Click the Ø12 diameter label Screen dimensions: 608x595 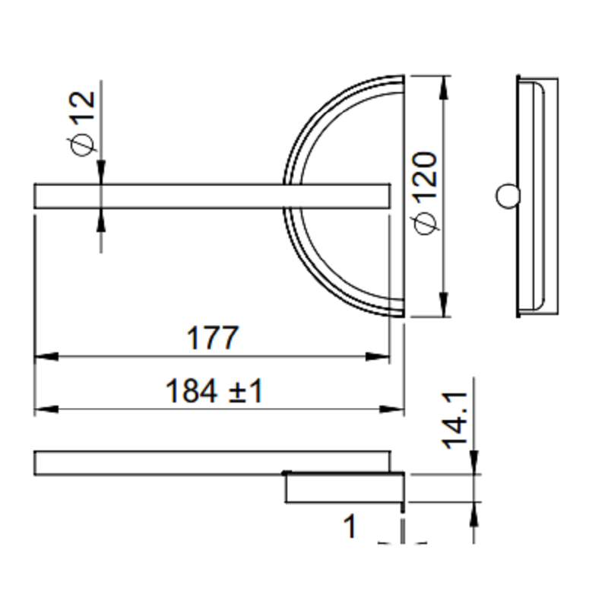point(83,123)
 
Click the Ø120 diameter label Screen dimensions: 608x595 point(425,193)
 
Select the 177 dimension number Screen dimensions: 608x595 point(212,338)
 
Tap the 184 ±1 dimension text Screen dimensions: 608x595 point(214,391)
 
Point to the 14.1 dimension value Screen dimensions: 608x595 point(455,421)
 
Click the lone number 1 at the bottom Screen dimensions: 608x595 point(350,526)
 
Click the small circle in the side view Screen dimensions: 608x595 point(507,196)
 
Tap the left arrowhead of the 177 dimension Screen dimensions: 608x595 point(46,356)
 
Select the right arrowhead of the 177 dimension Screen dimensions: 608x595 point(377,356)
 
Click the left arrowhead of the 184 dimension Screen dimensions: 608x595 point(46,409)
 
